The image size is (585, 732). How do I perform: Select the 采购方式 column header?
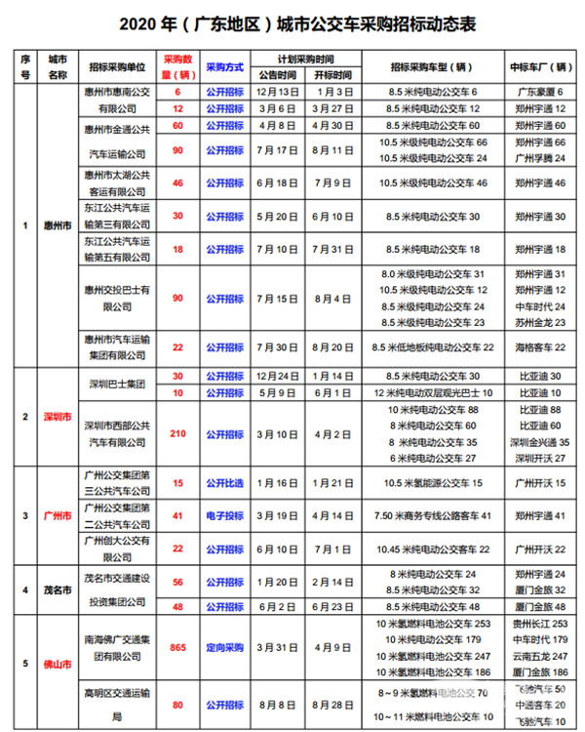(223, 65)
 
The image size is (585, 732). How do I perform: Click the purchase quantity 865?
(177, 646)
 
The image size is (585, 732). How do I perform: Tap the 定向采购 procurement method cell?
(223, 646)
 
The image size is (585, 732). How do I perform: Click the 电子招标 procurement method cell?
(223, 515)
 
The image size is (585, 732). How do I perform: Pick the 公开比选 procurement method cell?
(223, 483)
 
